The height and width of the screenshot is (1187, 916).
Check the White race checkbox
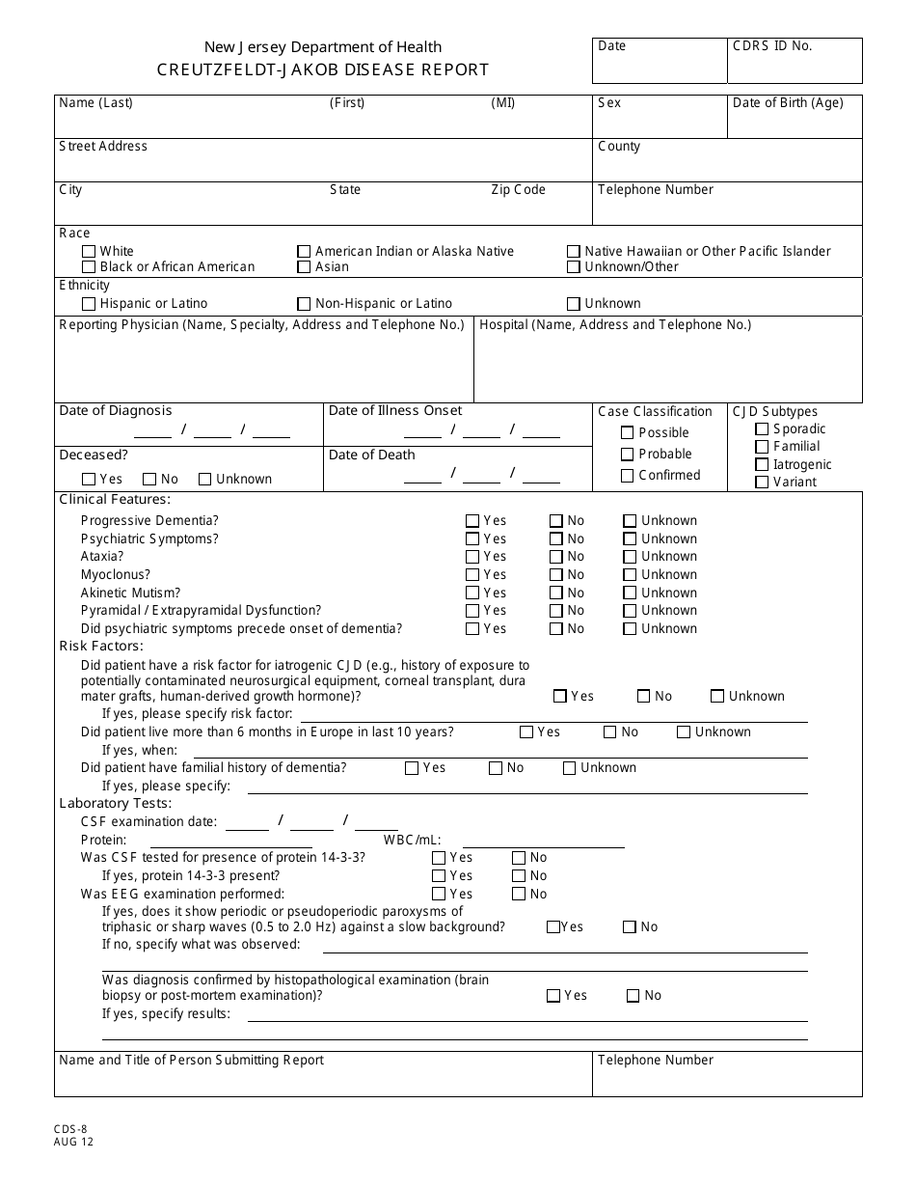(x=90, y=252)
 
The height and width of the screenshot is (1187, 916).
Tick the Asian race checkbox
(x=305, y=267)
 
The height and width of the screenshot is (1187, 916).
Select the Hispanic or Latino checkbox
(x=90, y=304)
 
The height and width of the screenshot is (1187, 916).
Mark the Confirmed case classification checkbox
(x=628, y=476)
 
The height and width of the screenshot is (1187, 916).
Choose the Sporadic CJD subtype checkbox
(x=762, y=429)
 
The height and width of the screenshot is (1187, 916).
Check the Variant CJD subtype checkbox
(x=762, y=483)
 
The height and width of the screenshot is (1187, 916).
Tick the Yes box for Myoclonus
(x=472, y=575)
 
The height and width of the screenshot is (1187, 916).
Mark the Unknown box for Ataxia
(x=630, y=557)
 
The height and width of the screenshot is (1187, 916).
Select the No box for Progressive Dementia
(x=556, y=521)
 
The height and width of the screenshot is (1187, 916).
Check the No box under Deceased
(x=149, y=480)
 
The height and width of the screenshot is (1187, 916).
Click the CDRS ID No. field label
(x=772, y=46)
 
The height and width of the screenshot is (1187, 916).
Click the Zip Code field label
(x=518, y=190)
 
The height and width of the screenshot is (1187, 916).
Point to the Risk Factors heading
(x=101, y=647)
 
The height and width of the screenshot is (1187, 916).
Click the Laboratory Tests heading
(x=116, y=804)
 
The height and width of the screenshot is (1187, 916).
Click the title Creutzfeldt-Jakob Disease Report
(x=323, y=69)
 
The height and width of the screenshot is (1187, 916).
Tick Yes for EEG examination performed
(x=439, y=895)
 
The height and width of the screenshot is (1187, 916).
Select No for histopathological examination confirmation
(x=633, y=996)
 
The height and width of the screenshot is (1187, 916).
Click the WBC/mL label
(x=413, y=841)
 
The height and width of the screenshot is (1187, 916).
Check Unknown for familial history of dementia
(x=569, y=769)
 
